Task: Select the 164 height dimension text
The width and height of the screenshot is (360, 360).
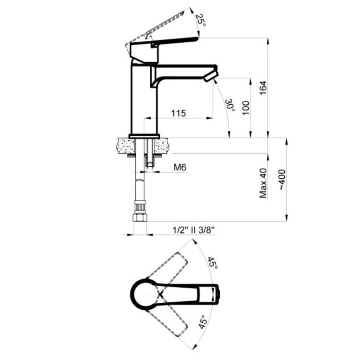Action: coord(263,87)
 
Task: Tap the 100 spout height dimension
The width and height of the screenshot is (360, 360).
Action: coord(246,108)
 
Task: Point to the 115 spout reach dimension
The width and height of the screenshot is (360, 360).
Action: coord(179,113)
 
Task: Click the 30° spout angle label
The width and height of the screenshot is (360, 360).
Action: coord(230,105)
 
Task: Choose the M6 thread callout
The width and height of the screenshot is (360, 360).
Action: coord(180,167)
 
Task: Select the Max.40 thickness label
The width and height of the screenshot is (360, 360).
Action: coord(263,183)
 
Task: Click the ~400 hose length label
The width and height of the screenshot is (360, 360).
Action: coord(282,180)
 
